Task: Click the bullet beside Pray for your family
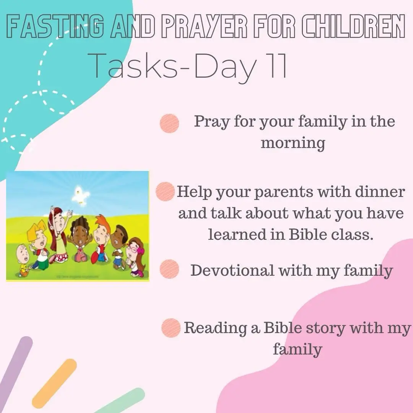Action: tap(169, 123)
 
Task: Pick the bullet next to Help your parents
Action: tap(165, 192)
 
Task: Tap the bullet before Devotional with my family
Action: tap(169, 269)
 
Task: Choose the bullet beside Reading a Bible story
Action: tap(171, 328)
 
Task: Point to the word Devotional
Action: tap(233, 270)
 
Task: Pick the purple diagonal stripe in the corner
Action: tap(15, 374)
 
